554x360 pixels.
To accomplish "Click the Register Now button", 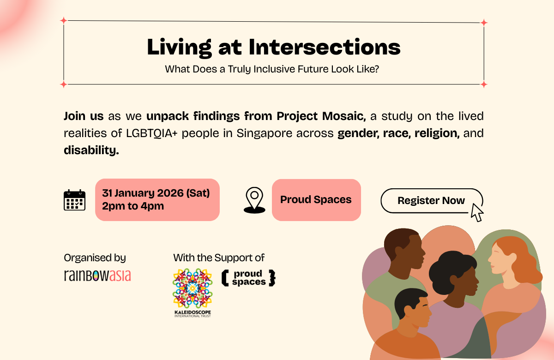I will (431, 201).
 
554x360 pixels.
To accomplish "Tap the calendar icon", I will (74, 200).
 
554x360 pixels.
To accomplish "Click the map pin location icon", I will (254, 200).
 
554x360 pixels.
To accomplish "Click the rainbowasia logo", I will (97, 276).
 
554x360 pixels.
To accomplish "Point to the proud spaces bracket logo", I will (248, 278).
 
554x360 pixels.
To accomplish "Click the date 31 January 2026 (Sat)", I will (156, 193).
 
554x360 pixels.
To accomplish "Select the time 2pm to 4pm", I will (133, 206).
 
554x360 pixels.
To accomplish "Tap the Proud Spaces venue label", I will (316, 200).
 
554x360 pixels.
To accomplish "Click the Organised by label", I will (95, 258).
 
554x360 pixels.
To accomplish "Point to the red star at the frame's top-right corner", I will (484, 22).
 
